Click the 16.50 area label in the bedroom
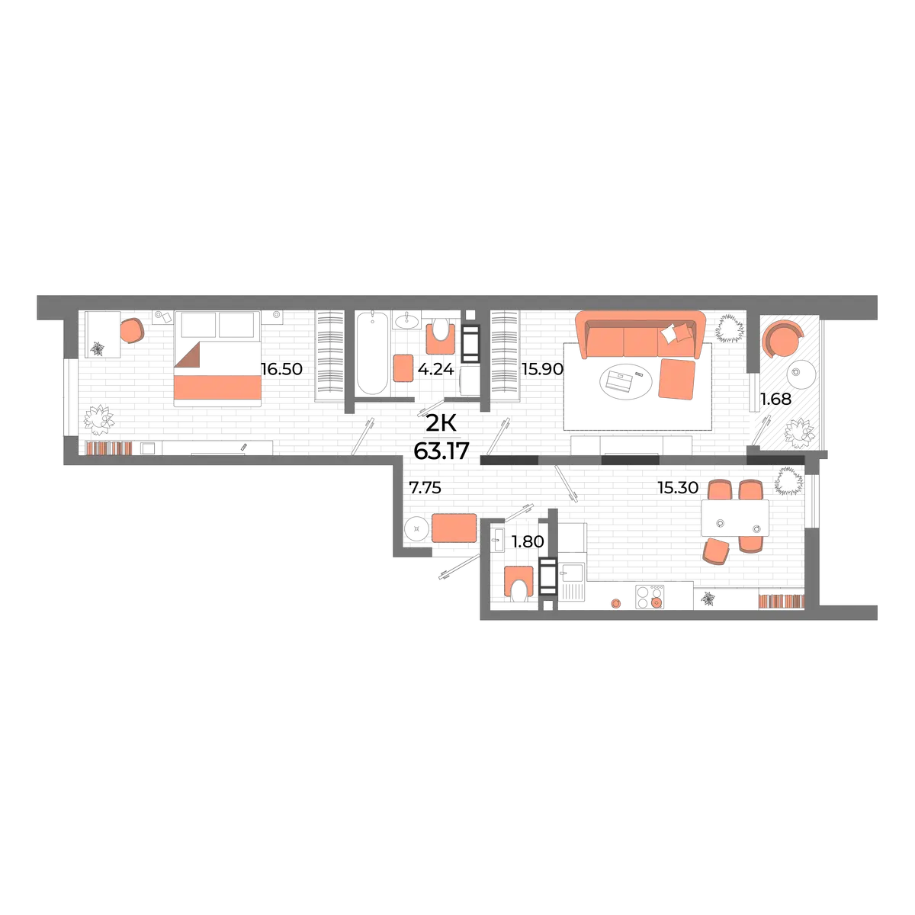click(x=281, y=369)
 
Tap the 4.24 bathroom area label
click(x=436, y=369)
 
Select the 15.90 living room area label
click(x=542, y=369)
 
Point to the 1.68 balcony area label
click(x=776, y=400)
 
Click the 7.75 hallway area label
click(x=425, y=488)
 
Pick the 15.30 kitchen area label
click(x=678, y=487)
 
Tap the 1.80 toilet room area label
click(x=528, y=541)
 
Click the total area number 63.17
click(x=441, y=451)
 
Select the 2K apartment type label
click(x=441, y=423)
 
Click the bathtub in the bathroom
click(x=373, y=352)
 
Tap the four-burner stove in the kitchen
click(x=650, y=597)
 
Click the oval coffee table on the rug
click(x=626, y=380)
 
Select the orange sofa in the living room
click(x=640, y=335)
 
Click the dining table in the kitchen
click(x=735, y=518)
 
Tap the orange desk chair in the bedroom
click(x=132, y=330)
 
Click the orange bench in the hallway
click(x=454, y=528)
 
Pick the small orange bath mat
click(x=403, y=368)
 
